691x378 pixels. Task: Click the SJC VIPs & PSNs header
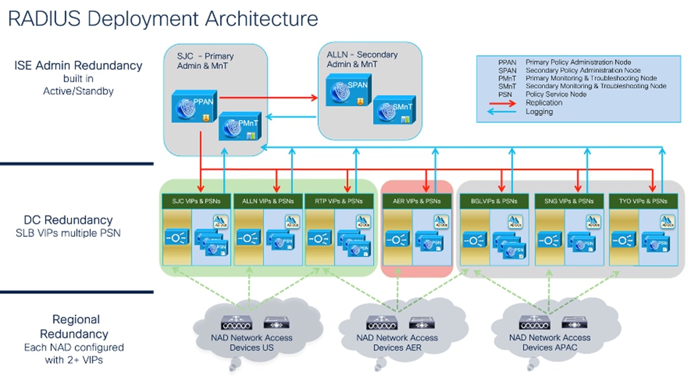(196, 200)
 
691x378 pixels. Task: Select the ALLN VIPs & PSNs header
(268, 200)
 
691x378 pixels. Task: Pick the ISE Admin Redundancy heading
(78, 66)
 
